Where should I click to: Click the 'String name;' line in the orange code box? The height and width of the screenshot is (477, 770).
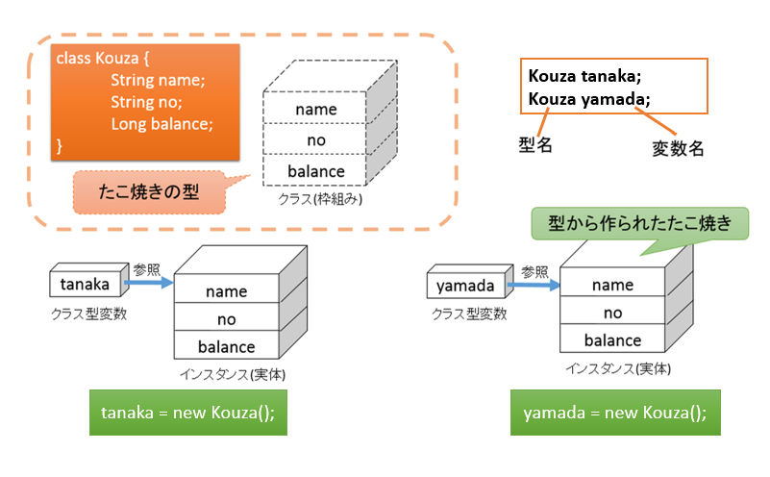(158, 80)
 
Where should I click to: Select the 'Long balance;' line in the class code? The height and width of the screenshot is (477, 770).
(161, 123)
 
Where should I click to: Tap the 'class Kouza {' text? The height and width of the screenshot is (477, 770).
(103, 58)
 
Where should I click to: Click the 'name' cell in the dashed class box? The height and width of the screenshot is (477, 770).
(314, 108)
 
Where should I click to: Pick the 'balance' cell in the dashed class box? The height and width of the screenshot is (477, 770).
(314, 170)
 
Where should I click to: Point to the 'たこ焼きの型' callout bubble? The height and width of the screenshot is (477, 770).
(149, 192)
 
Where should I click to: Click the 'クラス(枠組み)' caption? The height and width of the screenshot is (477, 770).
(320, 199)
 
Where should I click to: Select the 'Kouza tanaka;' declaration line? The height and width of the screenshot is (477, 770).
(584, 76)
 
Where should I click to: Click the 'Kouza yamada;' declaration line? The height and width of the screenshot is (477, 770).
(589, 99)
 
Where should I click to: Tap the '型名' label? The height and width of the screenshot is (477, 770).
(535, 145)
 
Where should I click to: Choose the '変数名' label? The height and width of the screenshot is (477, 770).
(678, 148)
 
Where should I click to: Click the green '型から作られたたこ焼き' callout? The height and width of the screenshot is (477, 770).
(640, 224)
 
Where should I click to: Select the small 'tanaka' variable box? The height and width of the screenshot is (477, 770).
(85, 284)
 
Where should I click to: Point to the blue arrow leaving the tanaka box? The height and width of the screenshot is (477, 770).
(149, 283)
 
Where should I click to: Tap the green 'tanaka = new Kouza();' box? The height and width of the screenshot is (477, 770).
(188, 413)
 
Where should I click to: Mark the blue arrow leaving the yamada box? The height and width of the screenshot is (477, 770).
(534, 285)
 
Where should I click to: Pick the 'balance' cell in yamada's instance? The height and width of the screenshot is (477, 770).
(612, 339)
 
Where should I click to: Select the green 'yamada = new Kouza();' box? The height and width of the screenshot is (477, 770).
(615, 413)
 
